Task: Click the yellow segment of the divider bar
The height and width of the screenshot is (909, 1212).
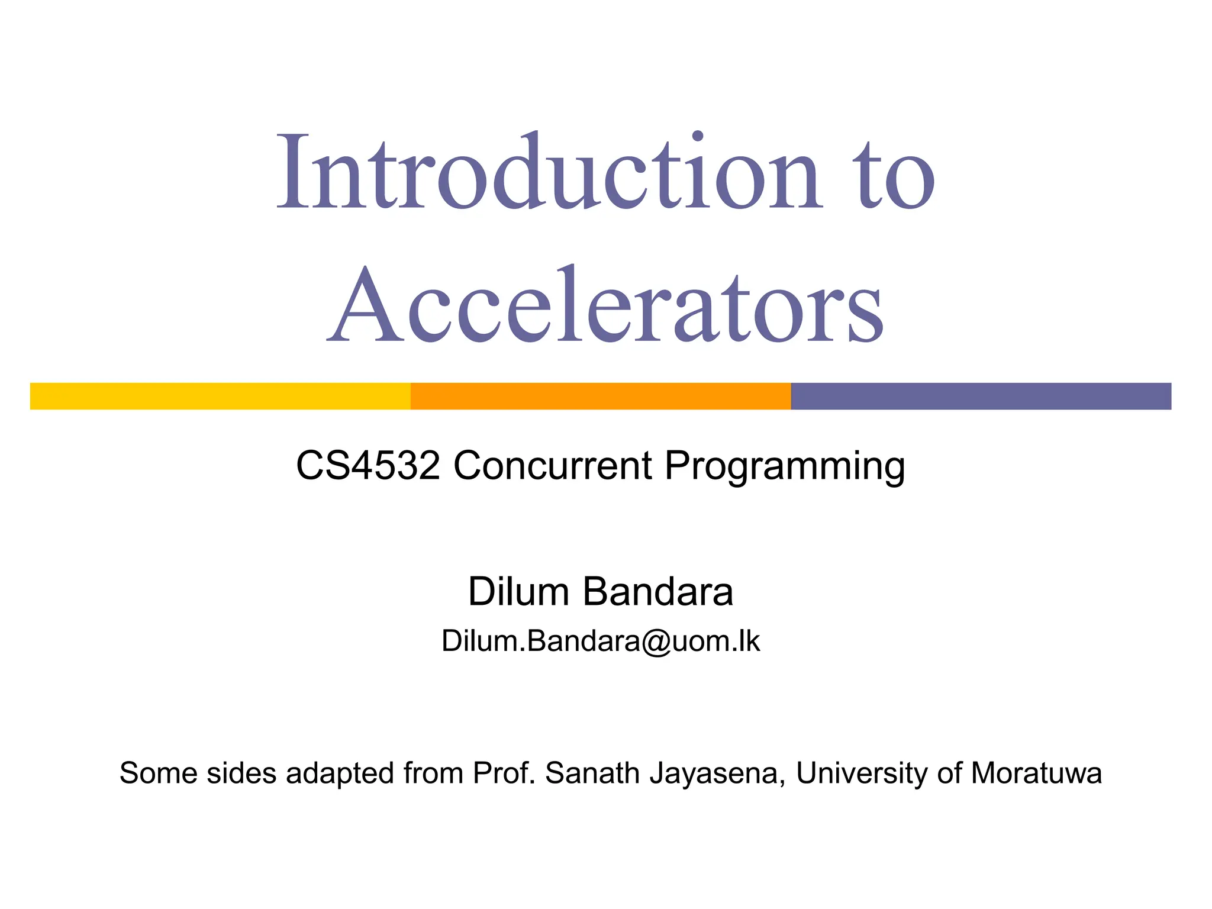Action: [220, 396]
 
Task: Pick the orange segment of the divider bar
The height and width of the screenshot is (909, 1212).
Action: [601, 396]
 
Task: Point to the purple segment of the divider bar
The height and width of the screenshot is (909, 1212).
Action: [981, 396]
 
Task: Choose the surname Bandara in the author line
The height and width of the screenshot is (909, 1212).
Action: [658, 591]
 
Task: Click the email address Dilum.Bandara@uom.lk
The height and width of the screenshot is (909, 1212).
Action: [601, 641]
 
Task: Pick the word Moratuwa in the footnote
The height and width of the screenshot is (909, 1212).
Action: [1036, 773]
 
